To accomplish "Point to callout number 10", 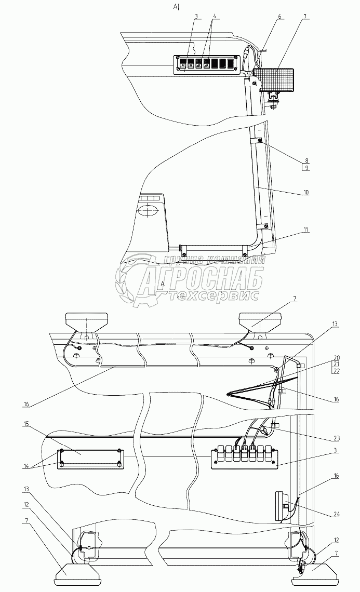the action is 306,192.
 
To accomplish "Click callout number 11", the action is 306,230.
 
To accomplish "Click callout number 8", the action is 306,160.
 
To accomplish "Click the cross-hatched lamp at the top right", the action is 275,78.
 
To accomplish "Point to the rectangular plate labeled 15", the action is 91,458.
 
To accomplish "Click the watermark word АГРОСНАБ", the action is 203,279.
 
